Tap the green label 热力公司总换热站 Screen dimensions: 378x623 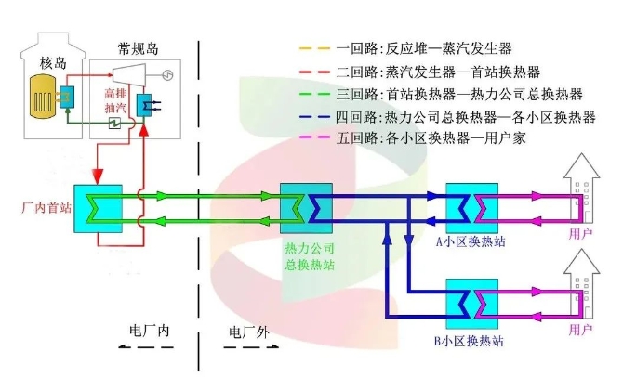point(310,256)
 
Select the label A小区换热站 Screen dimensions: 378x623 point(471,240)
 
